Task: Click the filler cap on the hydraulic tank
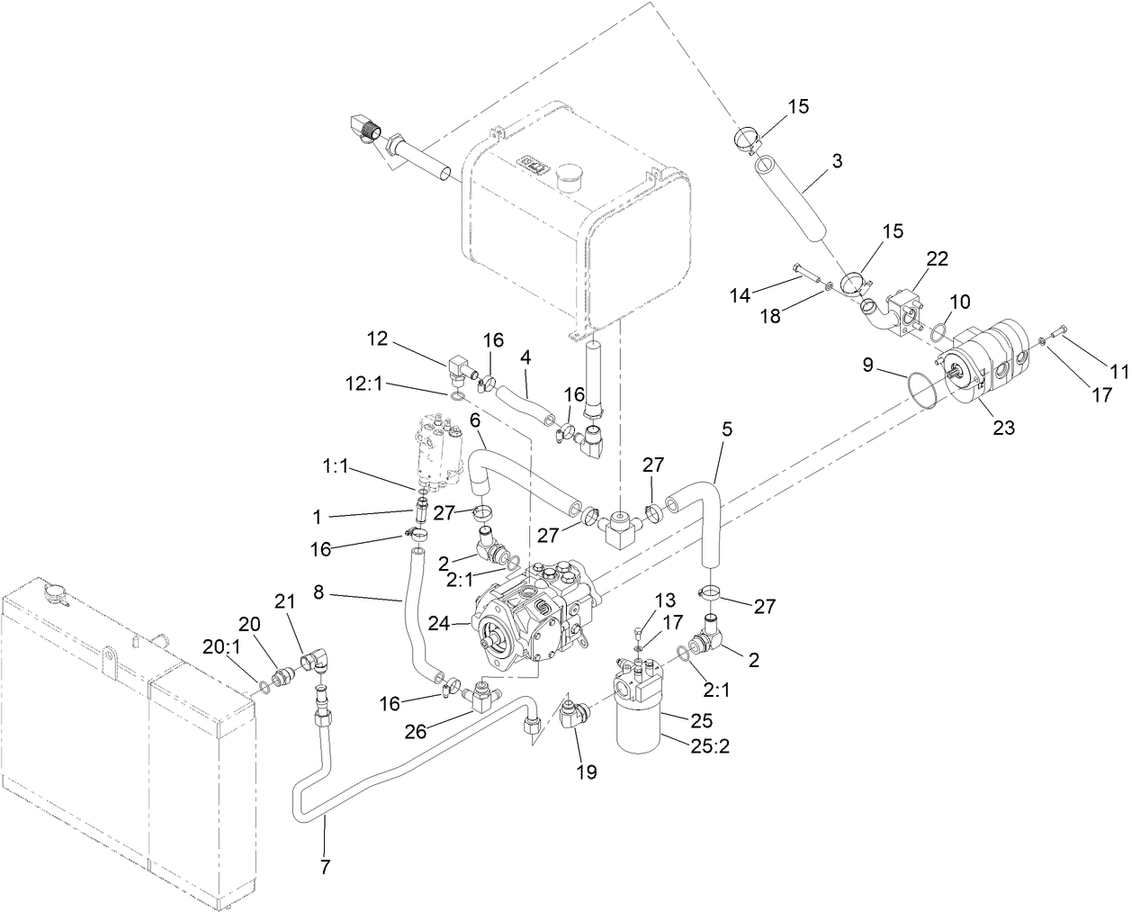point(569,176)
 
